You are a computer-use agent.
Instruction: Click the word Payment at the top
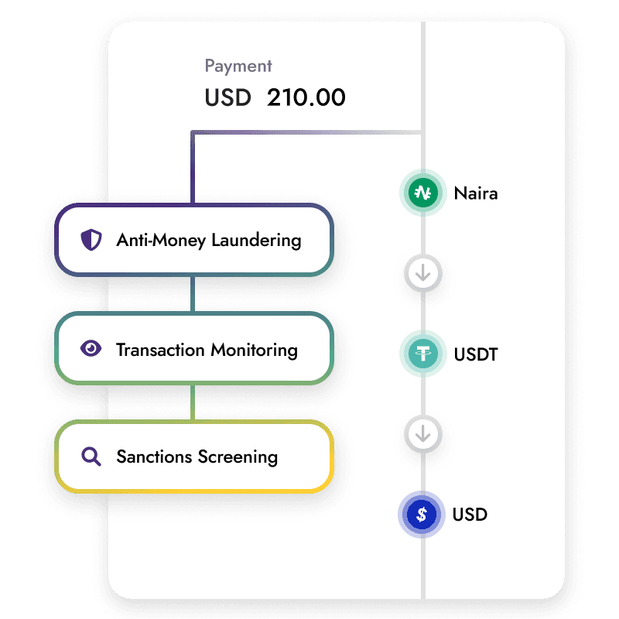[x=238, y=67]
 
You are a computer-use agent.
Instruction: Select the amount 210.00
[x=306, y=98]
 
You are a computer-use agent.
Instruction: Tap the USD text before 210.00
[x=227, y=98]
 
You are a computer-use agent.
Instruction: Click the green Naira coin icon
[x=422, y=193]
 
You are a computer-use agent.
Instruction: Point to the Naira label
[x=476, y=193]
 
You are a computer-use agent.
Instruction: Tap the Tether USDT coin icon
[x=422, y=354]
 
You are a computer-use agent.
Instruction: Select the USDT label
[x=477, y=355]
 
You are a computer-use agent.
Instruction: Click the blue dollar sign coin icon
[x=422, y=515]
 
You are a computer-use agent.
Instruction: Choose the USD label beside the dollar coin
[x=470, y=515]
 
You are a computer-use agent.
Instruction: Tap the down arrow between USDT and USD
[x=422, y=435]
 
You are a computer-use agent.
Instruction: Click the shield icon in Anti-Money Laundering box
[x=91, y=240]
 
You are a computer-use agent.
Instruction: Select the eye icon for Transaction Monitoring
[x=91, y=349]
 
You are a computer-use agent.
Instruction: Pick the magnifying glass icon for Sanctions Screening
[x=91, y=457]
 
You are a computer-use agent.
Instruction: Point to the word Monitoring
[x=253, y=350]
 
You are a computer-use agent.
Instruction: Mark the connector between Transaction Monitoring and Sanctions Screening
[x=193, y=402]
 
